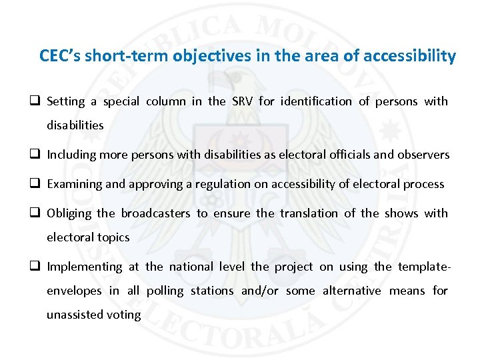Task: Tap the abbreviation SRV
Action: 242,101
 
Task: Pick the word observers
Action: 423,155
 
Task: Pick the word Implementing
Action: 85,267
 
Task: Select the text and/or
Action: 261,291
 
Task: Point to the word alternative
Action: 352,291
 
